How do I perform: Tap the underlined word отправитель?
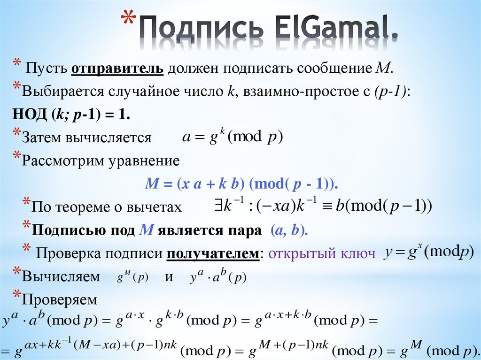point(117,68)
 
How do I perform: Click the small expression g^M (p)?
point(132,277)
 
